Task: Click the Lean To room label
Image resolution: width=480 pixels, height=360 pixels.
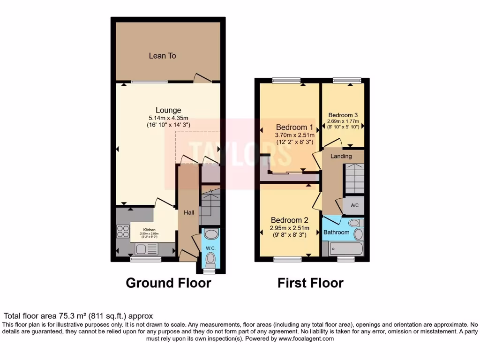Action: tap(162, 56)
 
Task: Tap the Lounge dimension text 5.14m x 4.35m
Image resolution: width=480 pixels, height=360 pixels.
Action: tap(168, 119)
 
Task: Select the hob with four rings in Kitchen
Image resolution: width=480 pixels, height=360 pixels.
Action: tap(123, 232)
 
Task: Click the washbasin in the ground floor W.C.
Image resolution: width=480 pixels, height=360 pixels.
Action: tap(211, 234)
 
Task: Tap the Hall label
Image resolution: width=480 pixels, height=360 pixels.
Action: tap(189, 213)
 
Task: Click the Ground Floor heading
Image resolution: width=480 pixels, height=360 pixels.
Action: tap(168, 283)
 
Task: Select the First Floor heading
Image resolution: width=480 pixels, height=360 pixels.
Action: tap(310, 283)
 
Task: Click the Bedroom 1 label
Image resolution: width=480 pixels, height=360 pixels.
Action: tap(294, 127)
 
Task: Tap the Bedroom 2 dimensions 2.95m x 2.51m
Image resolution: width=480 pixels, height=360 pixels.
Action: tap(289, 228)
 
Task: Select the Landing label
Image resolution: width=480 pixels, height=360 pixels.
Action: tap(341, 156)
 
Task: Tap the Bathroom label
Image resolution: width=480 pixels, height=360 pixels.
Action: tap(336, 232)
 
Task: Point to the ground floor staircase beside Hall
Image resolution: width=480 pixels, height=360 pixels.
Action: tap(210, 205)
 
